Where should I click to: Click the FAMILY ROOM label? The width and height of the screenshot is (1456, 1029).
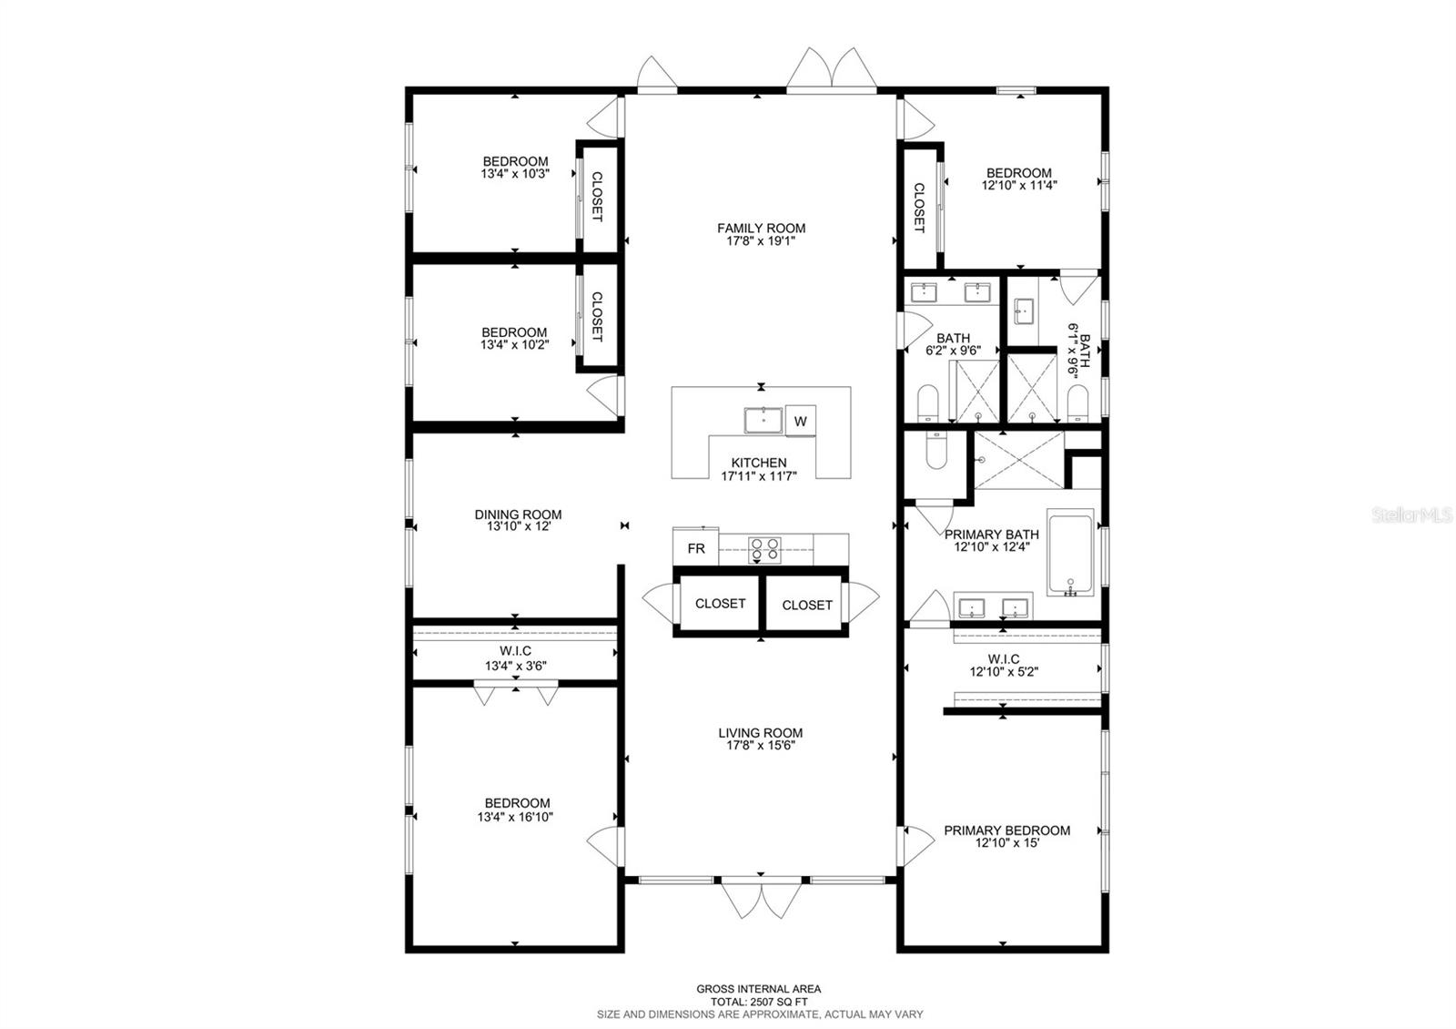tap(761, 229)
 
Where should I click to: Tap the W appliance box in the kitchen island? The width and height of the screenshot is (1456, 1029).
tap(801, 422)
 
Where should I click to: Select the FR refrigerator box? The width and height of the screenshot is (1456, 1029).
tap(696, 549)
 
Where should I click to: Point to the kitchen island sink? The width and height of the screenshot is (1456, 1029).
tap(763, 421)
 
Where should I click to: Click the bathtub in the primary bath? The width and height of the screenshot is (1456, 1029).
tap(1071, 553)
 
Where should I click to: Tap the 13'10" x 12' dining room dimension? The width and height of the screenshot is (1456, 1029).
tap(518, 526)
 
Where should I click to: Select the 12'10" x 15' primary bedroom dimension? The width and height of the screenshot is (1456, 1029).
tap(1006, 843)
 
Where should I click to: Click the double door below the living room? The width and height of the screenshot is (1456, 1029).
tap(761, 901)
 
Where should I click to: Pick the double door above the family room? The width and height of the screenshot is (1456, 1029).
tap(831, 70)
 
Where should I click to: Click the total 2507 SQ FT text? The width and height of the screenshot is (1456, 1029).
tap(759, 1001)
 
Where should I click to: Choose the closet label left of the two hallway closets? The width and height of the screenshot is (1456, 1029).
tap(720, 603)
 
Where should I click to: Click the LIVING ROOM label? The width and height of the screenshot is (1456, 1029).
tap(761, 733)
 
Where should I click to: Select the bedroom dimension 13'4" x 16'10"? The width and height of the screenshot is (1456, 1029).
tap(517, 817)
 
